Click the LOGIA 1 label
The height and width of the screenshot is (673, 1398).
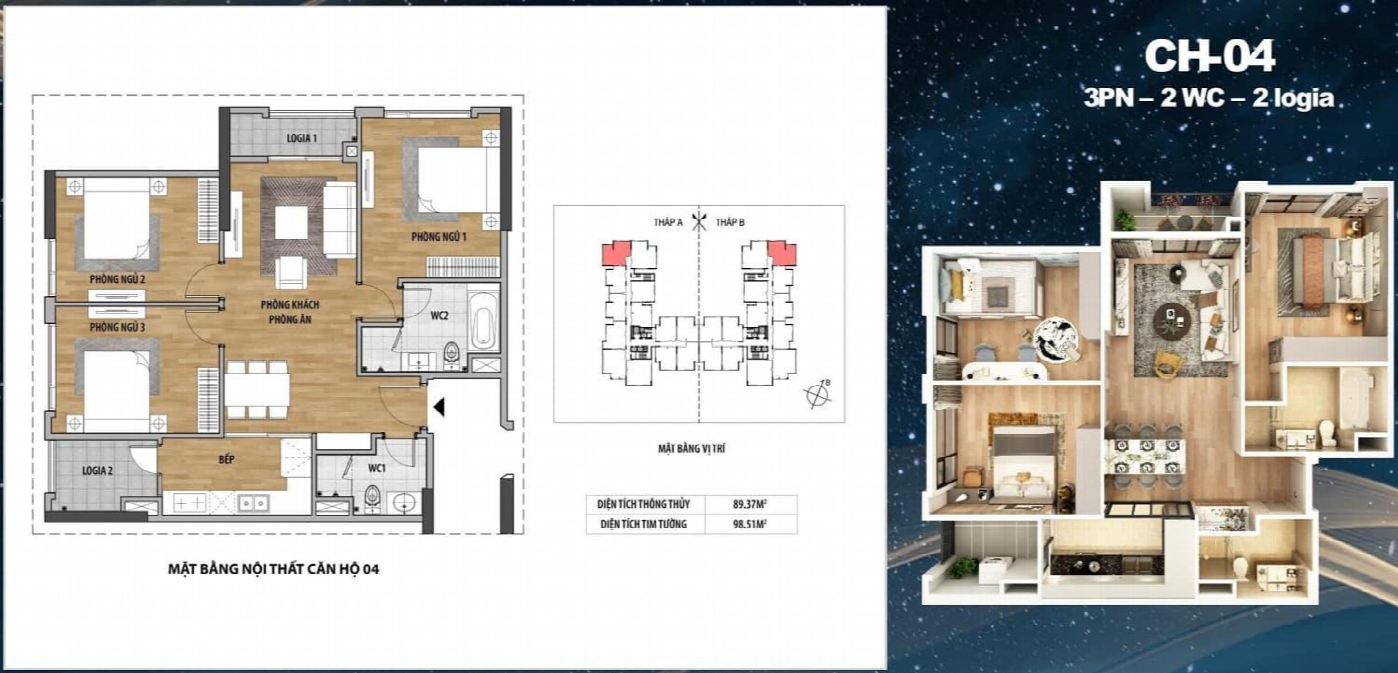(x=302, y=138)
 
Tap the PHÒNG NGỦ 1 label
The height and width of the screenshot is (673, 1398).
(x=438, y=237)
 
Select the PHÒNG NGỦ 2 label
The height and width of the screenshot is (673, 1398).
(x=118, y=280)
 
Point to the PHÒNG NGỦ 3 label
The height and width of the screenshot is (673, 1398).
(x=118, y=327)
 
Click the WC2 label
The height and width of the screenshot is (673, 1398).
(x=440, y=315)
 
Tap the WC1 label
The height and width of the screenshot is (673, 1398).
(x=376, y=467)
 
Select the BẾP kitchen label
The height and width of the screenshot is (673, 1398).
(x=227, y=459)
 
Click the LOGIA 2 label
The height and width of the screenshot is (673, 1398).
(x=98, y=471)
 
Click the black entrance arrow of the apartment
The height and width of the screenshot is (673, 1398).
(x=439, y=407)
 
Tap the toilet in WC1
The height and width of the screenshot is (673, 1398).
(x=373, y=495)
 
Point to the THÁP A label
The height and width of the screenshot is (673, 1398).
(x=668, y=222)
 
